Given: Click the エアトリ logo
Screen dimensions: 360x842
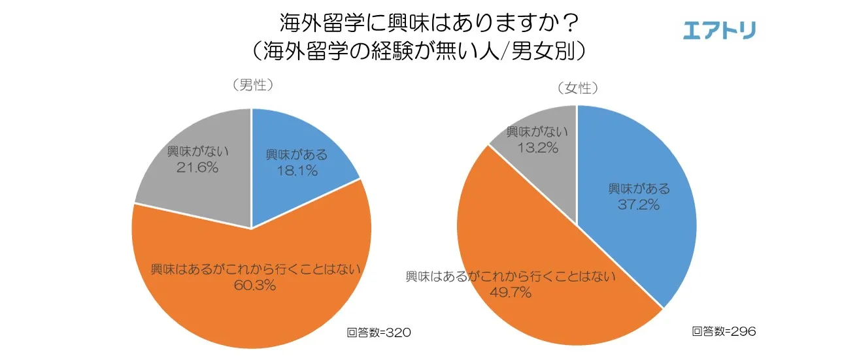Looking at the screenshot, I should [718, 30].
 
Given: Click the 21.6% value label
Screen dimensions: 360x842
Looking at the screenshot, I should [197, 167].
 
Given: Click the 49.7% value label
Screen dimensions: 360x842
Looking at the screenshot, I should [510, 292].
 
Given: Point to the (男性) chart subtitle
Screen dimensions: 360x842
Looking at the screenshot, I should [252, 86].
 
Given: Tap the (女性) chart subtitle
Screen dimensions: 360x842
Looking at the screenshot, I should [577, 88].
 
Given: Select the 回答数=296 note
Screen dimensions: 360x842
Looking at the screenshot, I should [724, 332].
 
